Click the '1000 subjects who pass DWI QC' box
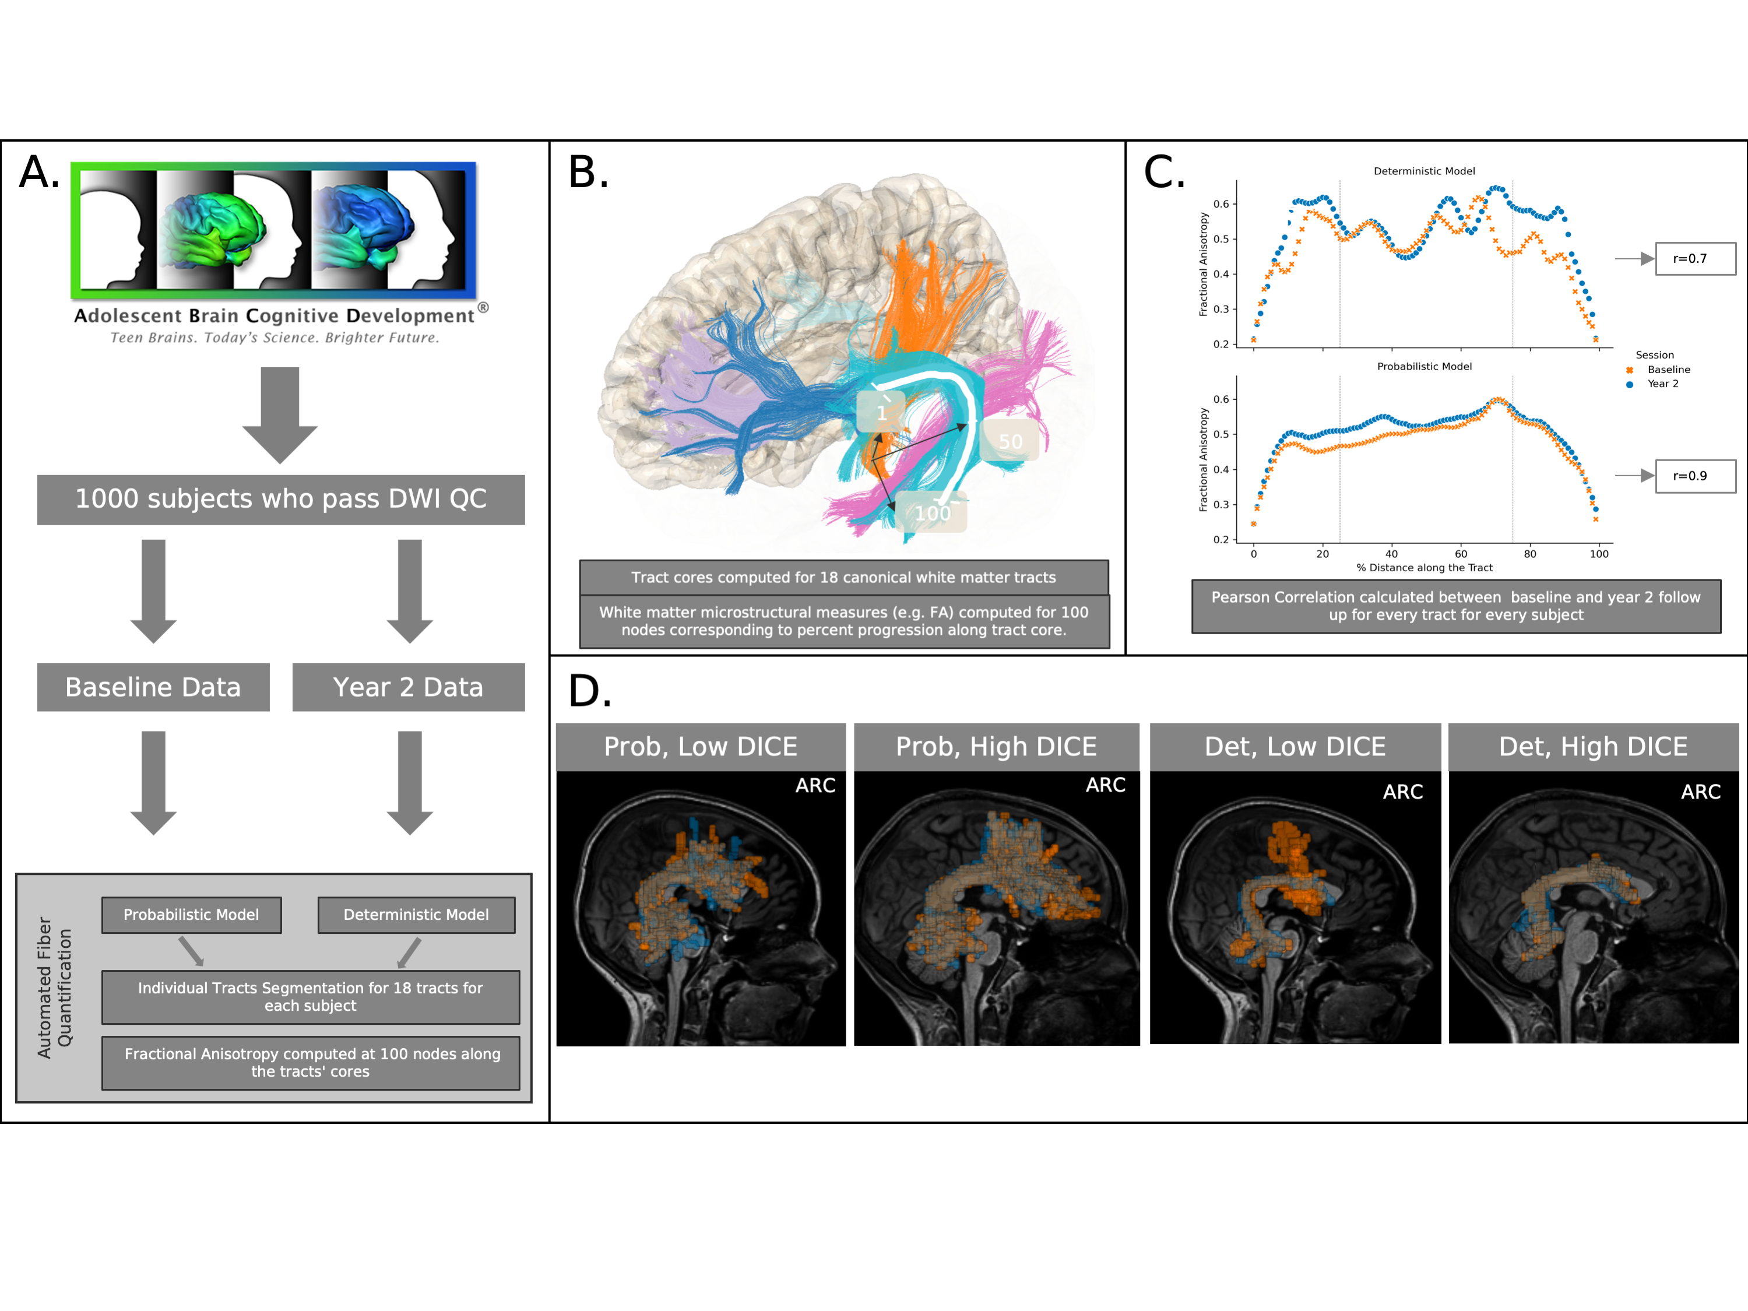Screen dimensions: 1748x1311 pos(280,500)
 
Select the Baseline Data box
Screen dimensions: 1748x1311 pos(153,687)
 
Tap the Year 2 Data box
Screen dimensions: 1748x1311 pos(408,687)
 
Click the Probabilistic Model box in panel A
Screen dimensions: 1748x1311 pos(191,914)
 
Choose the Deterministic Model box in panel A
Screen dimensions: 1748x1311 pos(416,914)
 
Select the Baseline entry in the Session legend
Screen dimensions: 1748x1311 pos(1668,370)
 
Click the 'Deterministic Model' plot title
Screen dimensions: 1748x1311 pos(1424,171)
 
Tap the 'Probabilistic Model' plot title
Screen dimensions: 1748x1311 pos(1424,367)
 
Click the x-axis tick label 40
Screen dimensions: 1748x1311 pos(1392,554)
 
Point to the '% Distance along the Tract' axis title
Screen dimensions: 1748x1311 pos(1424,567)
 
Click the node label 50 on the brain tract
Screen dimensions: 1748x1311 pos(1010,442)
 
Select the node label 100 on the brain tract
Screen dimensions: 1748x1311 pos(933,514)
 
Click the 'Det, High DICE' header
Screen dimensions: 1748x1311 pos(1593,747)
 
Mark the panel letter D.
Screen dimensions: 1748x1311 pos(589,691)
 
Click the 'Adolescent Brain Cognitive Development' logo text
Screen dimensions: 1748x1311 pos(274,316)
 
